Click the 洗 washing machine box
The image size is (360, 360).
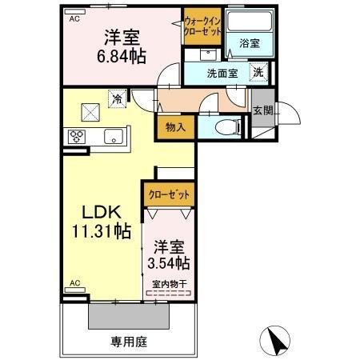point(258,72)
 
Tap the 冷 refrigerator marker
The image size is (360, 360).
point(117,100)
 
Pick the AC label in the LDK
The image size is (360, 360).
point(74,283)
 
